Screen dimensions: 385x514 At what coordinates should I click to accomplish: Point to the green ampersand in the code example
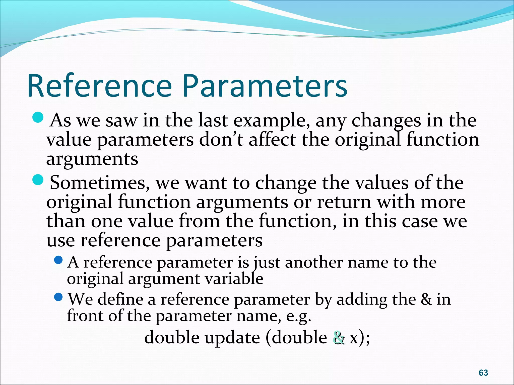point(339,338)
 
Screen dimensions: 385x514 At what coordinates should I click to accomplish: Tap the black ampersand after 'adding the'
point(426,299)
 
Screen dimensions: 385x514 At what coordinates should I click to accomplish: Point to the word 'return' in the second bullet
point(344,202)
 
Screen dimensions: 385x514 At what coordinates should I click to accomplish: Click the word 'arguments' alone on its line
point(92,159)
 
